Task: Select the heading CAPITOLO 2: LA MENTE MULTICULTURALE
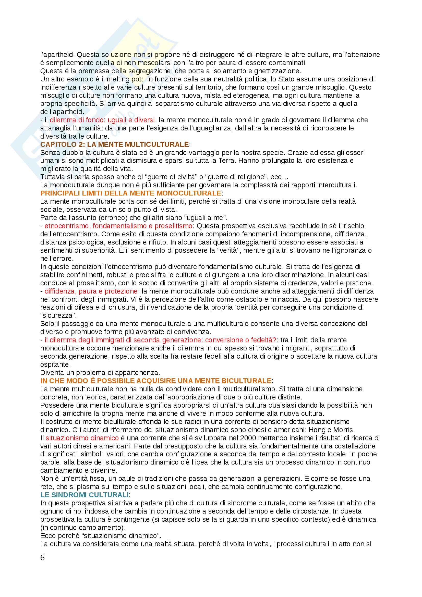point(115,144)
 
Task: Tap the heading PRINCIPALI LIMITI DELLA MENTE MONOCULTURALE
point(131,193)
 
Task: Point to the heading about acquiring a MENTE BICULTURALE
point(156,381)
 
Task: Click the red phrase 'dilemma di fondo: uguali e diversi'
point(102,120)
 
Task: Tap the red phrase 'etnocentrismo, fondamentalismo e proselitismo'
point(118,226)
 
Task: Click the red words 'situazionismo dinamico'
point(82,438)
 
